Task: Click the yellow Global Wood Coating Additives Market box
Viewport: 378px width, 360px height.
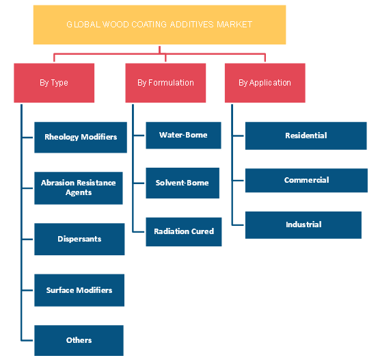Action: (x=159, y=25)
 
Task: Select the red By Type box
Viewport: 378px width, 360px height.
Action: (x=54, y=83)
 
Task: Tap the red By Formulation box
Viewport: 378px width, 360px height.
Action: (x=165, y=83)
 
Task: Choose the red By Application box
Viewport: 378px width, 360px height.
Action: (x=265, y=83)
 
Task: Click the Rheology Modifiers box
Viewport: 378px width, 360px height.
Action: (x=81, y=138)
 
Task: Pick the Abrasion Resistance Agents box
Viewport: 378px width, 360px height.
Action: (x=79, y=188)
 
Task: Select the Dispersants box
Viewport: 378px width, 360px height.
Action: (x=79, y=239)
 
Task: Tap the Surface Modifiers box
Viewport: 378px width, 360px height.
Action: (x=79, y=290)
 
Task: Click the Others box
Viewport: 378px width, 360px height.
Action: (x=79, y=340)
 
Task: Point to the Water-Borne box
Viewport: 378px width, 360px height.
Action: (x=183, y=136)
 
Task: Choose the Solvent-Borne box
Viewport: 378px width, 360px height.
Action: (x=183, y=183)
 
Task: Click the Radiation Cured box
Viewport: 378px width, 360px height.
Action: (x=184, y=232)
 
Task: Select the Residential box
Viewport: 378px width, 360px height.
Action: (x=306, y=136)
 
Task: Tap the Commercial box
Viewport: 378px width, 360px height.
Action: (x=306, y=181)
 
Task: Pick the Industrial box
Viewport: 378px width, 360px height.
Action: (x=303, y=225)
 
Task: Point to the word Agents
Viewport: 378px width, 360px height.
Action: (x=79, y=193)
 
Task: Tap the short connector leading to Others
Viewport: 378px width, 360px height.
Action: (x=28, y=340)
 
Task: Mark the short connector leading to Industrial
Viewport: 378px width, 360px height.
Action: (x=239, y=225)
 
